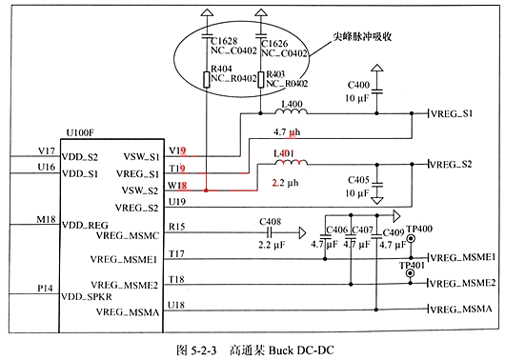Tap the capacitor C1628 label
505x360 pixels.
pos(226,43)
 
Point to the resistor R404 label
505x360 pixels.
pos(222,68)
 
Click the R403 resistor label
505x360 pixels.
pos(275,72)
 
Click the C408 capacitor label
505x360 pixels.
pos(273,220)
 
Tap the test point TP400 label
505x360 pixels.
pos(418,230)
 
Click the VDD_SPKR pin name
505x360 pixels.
pos(87,297)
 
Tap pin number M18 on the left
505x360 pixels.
pos(44,218)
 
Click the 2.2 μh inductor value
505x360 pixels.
pos(287,180)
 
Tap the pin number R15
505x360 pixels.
pos(175,227)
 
